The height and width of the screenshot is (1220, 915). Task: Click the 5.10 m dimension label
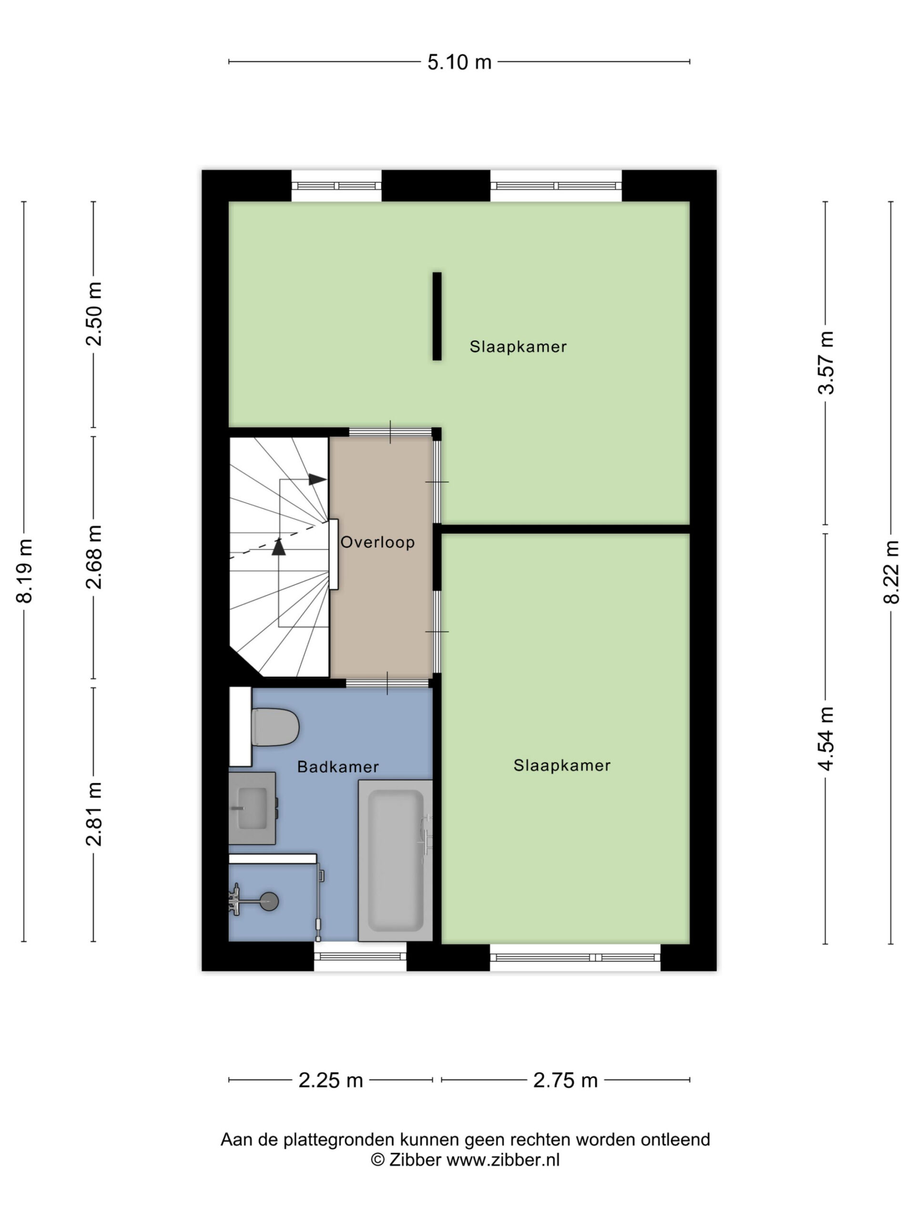459,62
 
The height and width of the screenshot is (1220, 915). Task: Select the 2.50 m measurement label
94,313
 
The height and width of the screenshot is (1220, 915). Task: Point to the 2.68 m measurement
94,557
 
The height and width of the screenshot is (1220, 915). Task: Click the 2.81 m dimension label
94,814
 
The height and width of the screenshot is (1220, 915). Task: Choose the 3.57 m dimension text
826,362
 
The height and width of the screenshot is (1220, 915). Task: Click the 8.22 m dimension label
891,572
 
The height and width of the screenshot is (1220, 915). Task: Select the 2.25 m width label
330,1080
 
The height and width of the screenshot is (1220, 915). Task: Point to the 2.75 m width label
565,1080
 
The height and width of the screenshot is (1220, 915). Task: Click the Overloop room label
377,543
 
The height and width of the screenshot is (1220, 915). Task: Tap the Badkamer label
337,767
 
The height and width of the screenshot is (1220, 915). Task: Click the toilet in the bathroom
274,727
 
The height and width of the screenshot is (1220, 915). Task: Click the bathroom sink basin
252,808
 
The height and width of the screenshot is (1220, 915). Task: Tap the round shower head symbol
269,901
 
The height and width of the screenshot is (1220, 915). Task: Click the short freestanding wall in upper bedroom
437,316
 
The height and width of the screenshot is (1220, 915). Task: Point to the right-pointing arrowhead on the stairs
317,479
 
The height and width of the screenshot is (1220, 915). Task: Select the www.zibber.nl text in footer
502,1159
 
